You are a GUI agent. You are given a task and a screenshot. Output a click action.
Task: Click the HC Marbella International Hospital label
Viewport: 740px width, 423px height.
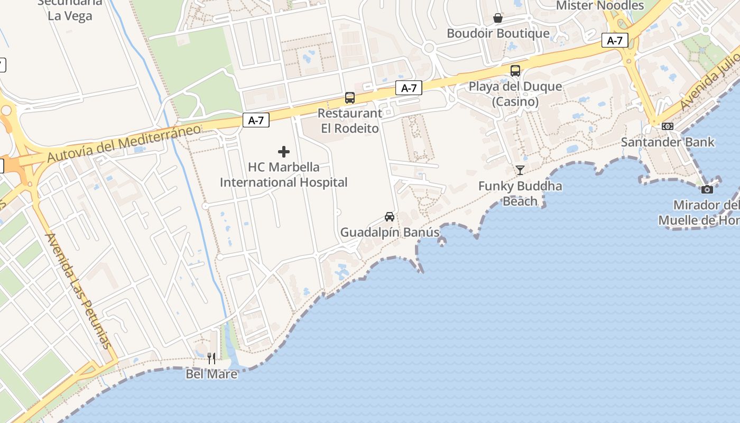(x=284, y=175)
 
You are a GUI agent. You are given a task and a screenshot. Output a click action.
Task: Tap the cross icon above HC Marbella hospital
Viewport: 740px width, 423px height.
(x=284, y=152)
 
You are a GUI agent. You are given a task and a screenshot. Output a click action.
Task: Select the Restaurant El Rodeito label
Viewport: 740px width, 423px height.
(x=350, y=121)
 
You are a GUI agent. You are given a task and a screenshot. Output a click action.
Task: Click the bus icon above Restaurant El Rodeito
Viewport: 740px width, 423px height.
(x=350, y=98)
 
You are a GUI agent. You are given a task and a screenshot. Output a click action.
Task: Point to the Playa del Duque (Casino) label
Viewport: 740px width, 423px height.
(x=515, y=94)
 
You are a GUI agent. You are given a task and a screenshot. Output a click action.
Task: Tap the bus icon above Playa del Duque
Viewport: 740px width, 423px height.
(x=515, y=71)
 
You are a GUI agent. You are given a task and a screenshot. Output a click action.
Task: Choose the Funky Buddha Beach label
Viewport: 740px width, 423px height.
(x=520, y=194)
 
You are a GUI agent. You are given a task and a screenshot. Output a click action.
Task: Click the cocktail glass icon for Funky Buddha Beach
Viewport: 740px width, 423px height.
(x=520, y=170)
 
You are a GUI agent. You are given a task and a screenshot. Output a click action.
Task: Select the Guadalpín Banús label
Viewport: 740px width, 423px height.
(x=390, y=232)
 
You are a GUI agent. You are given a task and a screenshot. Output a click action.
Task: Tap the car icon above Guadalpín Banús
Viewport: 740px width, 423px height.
(x=390, y=217)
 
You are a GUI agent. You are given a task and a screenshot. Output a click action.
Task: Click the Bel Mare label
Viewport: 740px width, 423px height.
(x=211, y=374)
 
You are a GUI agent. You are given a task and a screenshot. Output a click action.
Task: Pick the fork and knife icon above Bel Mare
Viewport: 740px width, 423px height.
(x=211, y=358)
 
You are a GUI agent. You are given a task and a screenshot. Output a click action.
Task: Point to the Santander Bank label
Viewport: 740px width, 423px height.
(x=668, y=142)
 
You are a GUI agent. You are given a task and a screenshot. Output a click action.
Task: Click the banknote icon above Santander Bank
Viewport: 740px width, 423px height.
(x=668, y=126)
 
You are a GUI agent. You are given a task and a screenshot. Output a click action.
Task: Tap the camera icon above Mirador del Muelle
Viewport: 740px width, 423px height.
(x=707, y=189)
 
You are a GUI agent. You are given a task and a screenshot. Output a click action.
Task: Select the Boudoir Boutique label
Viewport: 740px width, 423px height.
(x=498, y=33)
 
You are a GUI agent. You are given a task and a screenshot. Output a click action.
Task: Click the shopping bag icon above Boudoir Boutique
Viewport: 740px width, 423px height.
(x=498, y=19)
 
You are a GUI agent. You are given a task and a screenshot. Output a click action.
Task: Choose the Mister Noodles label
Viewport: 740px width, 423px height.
(x=600, y=6)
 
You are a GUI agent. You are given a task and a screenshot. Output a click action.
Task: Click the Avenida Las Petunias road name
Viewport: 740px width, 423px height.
(x=80, y=290)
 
